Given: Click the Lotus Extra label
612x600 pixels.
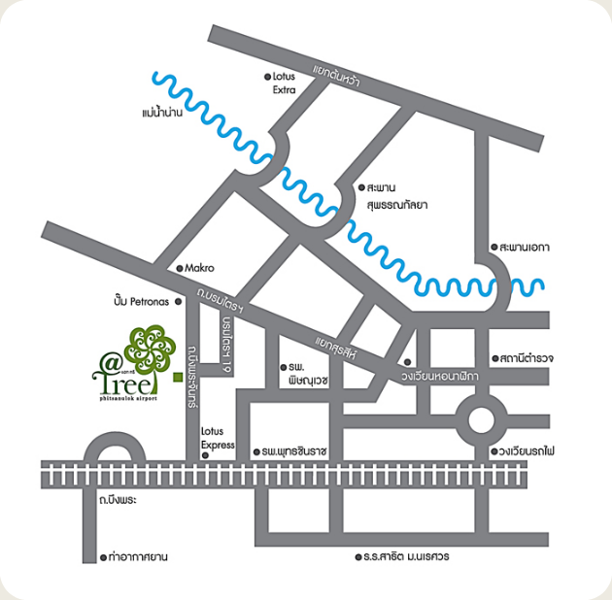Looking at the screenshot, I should [285, 83].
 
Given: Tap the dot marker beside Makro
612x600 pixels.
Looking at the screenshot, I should [178, 268].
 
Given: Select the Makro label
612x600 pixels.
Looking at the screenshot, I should [199, 268].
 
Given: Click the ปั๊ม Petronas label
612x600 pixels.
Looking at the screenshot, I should [141, 301].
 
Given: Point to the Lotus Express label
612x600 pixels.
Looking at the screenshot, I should [219, 438].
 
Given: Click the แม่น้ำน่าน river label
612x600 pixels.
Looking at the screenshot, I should [162, 115].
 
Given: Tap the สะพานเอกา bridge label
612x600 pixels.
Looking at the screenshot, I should [524, 248].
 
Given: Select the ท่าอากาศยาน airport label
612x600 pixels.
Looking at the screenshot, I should [137, 557].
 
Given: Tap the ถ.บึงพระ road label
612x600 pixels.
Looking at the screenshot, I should [116, 501].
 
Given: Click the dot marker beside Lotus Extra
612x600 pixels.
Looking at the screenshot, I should [267, 76].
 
